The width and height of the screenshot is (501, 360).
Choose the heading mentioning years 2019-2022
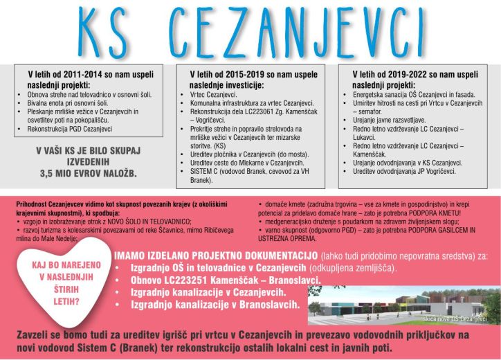click(414, 77)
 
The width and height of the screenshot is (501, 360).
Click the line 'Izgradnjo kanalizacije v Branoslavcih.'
click(215, 304)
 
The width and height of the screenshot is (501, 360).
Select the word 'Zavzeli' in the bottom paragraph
click(38, 334)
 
